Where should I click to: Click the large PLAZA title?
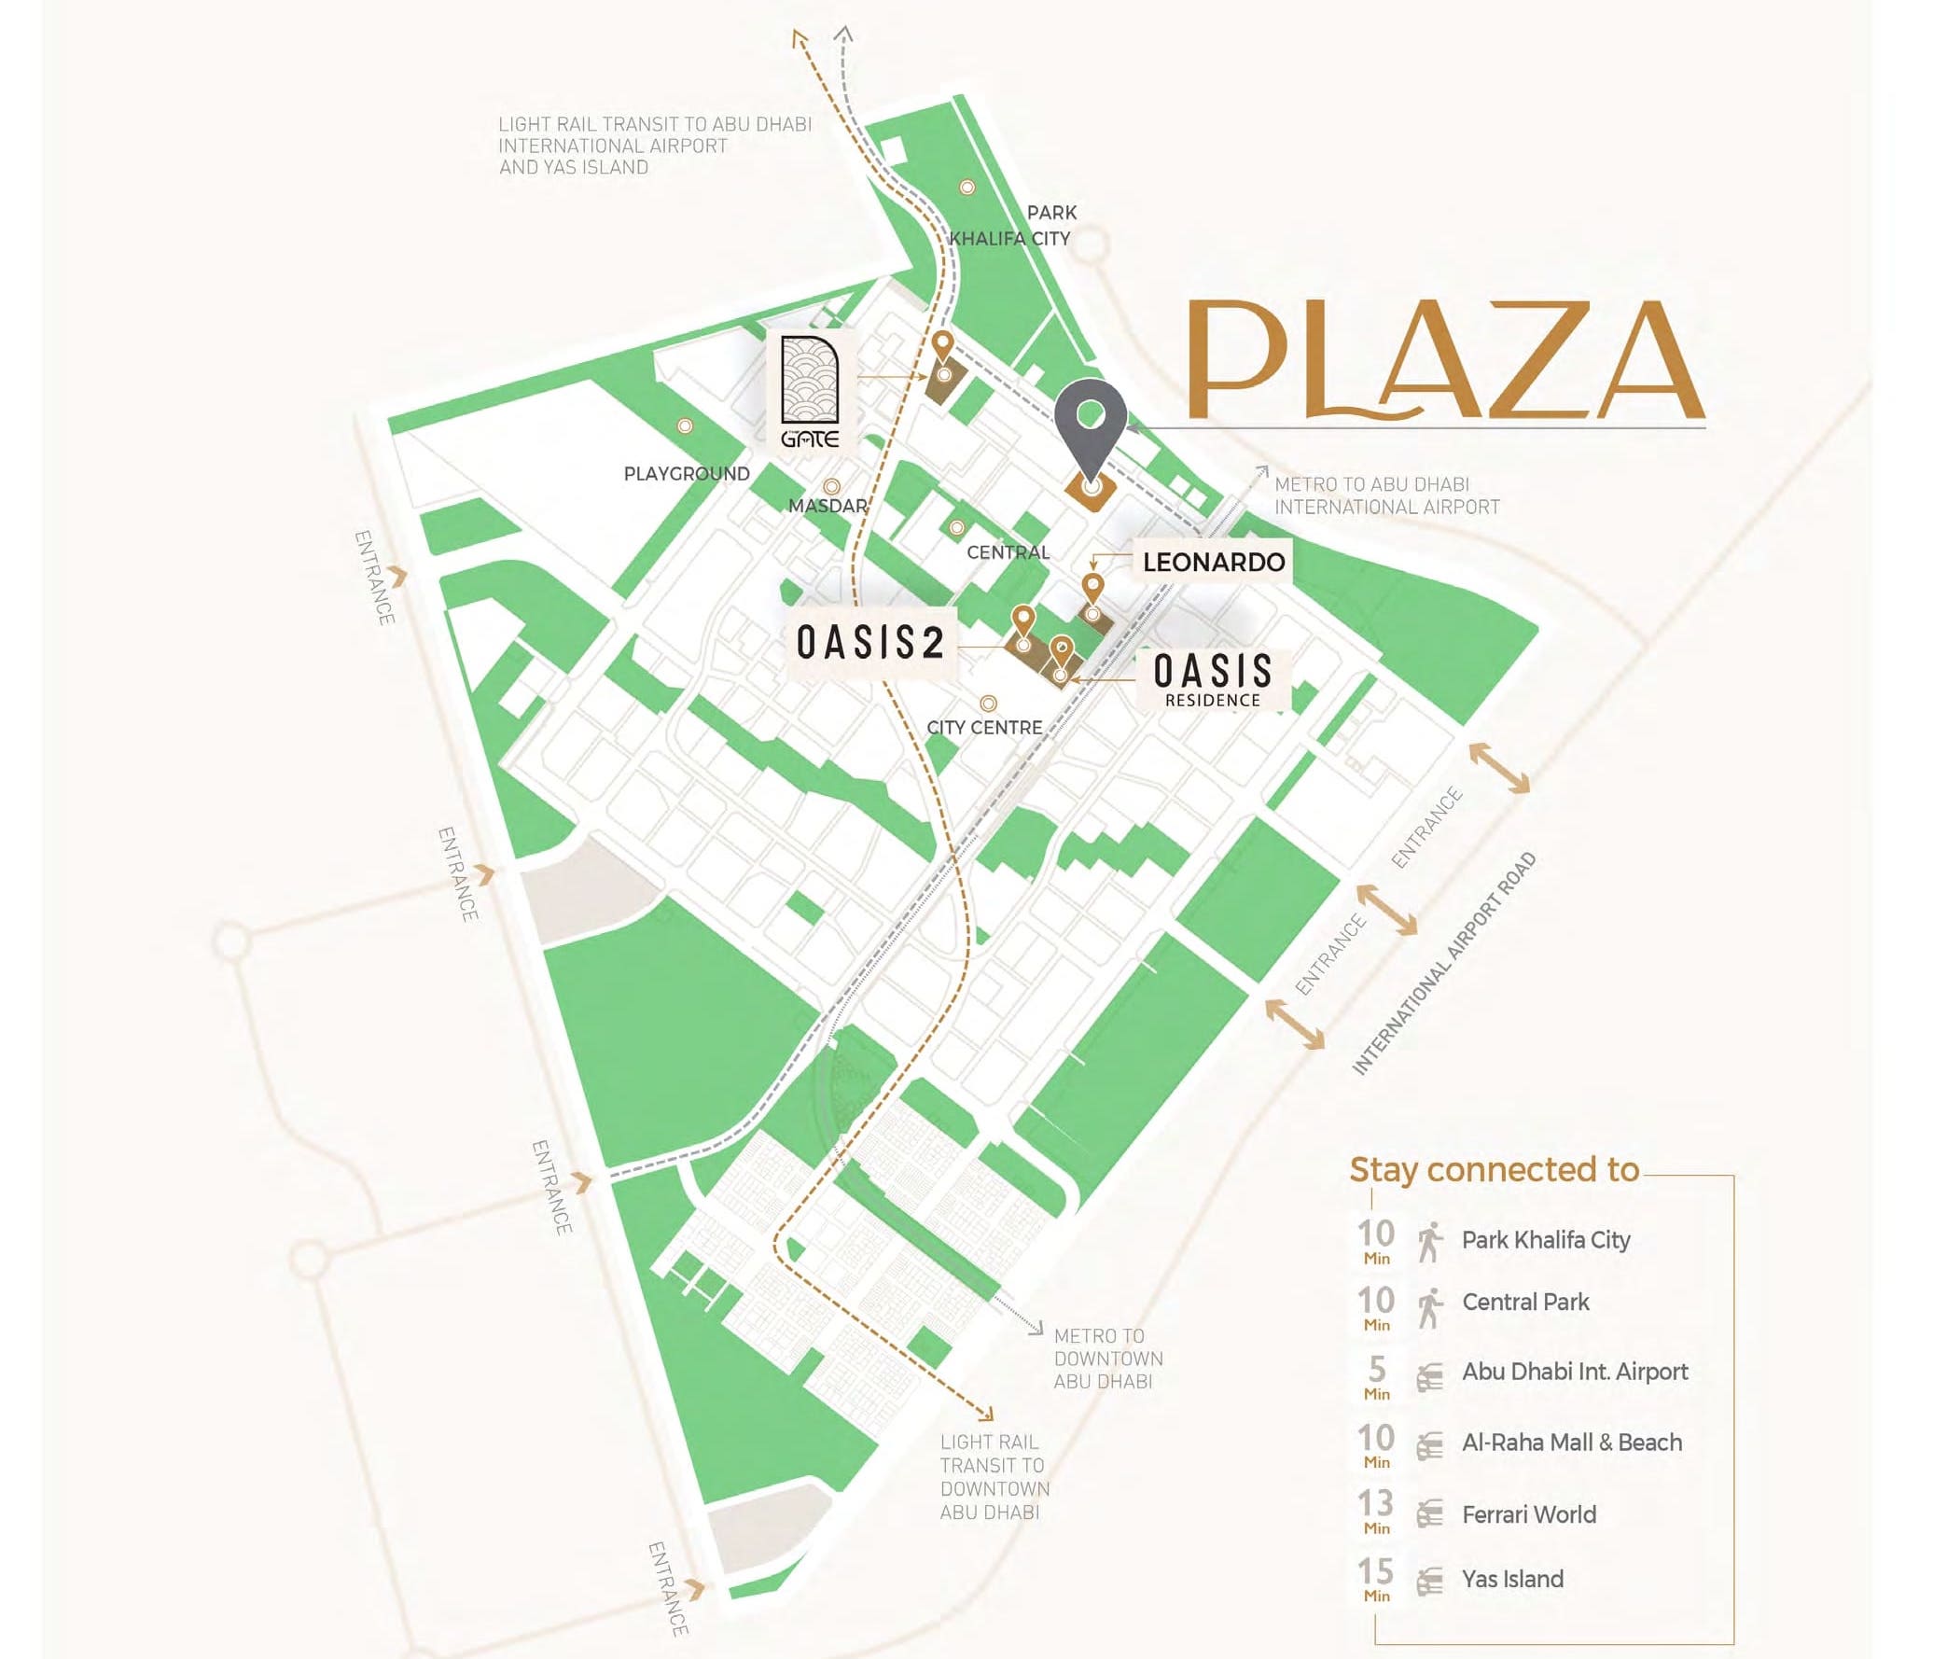coord(1445,361)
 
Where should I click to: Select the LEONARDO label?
coord(1213,562)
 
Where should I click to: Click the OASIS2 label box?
coord(870,643)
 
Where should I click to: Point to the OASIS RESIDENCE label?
coord(1212,678)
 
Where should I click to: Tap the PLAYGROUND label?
coord(687,474)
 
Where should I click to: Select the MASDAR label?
coord(827,506)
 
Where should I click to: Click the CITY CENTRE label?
coord(984,728)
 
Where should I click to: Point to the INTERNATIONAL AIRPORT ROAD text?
coord(1443,963)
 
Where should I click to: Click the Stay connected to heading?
coord(1495,1169)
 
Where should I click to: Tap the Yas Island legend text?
coord(1512,1579)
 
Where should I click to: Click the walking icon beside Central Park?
coord(1429,1307)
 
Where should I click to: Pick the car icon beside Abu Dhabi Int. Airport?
coord(1429,1378)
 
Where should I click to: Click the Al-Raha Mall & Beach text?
coord(1571,1442)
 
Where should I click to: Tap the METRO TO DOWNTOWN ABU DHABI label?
coord(1107,1359)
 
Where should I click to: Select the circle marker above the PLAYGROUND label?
coord(685,425)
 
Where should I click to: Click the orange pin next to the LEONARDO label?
coord(1092,590)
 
